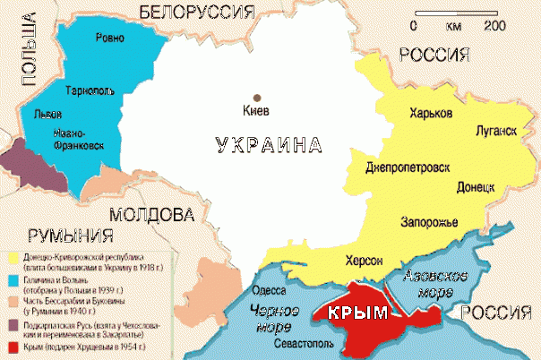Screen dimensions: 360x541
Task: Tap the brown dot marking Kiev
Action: (257, 97)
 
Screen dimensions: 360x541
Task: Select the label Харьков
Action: (431, 114)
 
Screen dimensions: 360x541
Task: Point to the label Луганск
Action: (494, 132)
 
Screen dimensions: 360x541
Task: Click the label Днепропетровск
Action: (408, 167)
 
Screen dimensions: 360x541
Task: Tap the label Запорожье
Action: (427, 222)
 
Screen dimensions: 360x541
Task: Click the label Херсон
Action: (364, 260)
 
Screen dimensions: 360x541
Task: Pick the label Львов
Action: (47, 116)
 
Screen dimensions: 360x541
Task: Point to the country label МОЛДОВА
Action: (152, 216)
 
